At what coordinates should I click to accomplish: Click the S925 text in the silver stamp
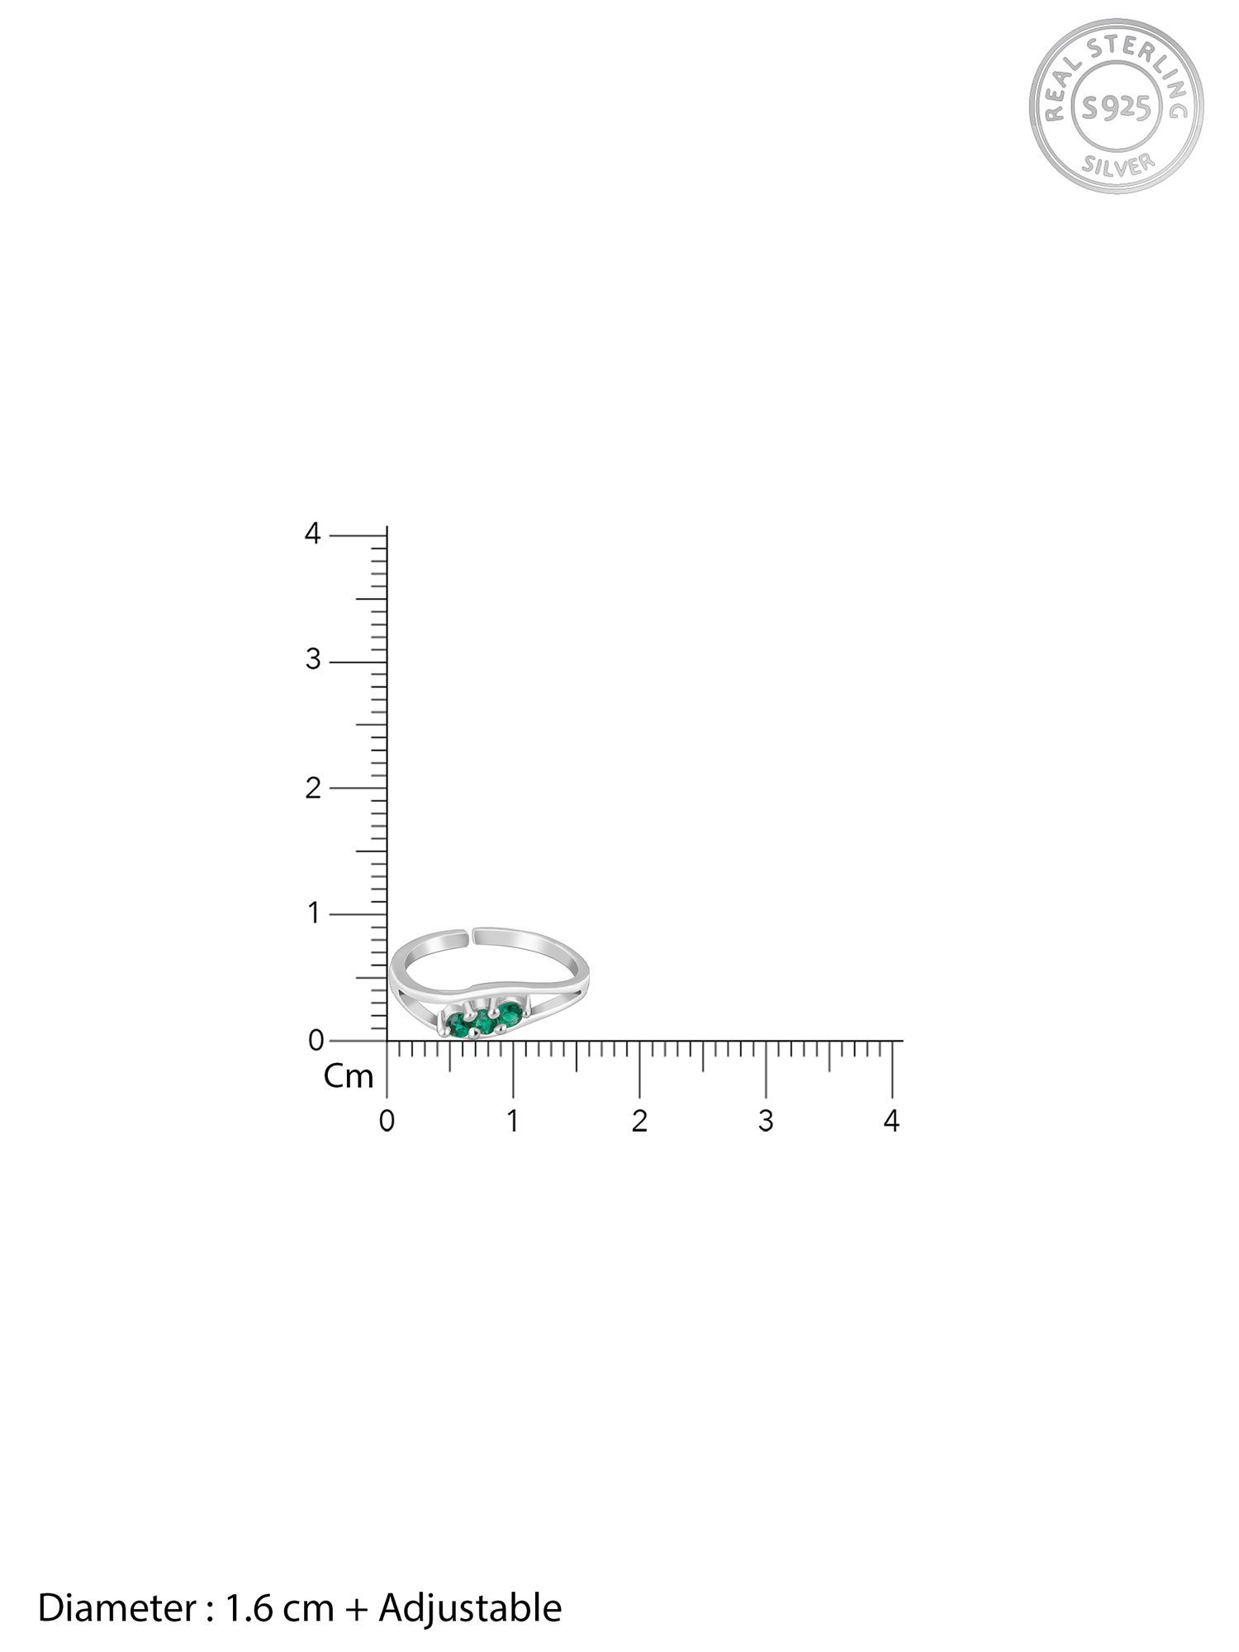1115,107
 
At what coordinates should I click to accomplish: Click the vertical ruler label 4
312,534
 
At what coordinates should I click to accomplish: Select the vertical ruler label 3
312,660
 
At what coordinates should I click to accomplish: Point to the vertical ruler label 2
312,788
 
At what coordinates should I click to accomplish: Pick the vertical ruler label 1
313,914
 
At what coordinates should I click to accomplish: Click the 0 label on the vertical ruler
316,1041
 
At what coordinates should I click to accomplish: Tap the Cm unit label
349,1076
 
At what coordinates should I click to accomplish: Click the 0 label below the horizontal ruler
387,1121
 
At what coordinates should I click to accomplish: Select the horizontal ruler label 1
513,1121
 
